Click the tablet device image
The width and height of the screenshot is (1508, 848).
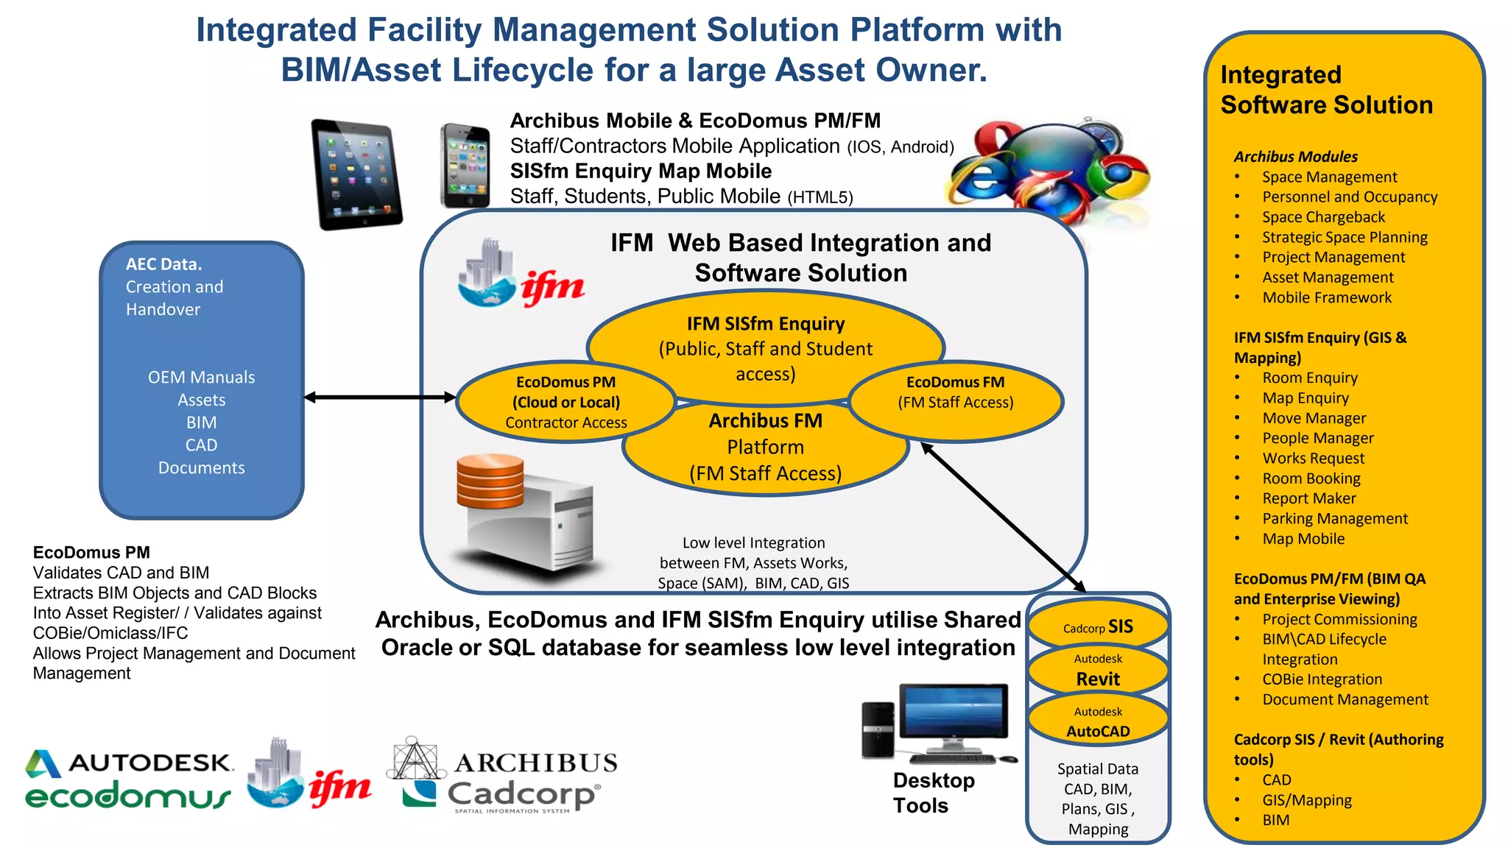pos(356,175)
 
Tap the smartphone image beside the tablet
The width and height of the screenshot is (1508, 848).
pos(465,166)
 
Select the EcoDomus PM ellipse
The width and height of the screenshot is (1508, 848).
pos(565,402)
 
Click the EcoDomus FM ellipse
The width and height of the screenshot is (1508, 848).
pos(956,401)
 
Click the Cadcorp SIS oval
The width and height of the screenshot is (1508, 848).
pos(1098,626)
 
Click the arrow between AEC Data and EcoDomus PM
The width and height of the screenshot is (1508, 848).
pos(380,397)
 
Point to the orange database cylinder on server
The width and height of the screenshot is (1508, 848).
pos(490,482)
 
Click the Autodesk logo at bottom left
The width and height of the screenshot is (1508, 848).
pos(129,763)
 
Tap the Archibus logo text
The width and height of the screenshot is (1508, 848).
pos(535,763)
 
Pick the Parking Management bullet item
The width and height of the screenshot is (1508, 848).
pos(1334,519)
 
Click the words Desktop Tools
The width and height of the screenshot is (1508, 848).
pos(933,793)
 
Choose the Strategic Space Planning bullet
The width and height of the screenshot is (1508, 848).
pos(1345,237)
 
